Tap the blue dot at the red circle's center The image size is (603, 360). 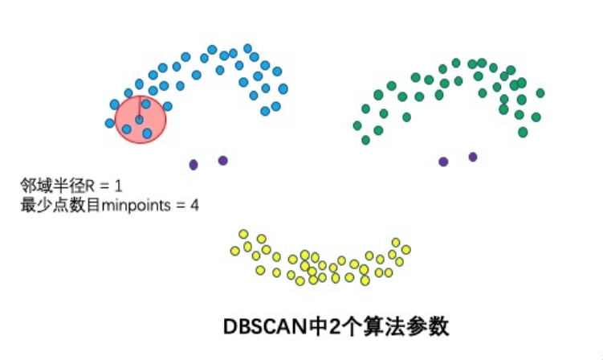click(139, 120)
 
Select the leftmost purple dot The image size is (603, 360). click(194, 164)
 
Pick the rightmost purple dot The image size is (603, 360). click(473, 157)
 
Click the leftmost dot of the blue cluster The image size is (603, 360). click(110, 123)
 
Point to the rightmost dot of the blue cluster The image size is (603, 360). click(283, 88)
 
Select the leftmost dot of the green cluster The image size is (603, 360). click(357, 125)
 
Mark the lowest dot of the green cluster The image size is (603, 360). click(366, 140)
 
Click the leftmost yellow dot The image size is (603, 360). click(234, 251)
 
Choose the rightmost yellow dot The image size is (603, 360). click(406, 249)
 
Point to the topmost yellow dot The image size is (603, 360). click(243, 234)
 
